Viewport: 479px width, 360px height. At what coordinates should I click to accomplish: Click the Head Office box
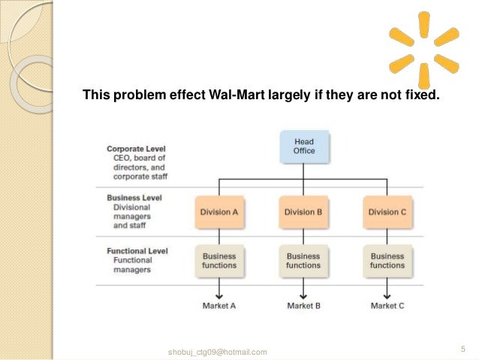click(x=303, y=147)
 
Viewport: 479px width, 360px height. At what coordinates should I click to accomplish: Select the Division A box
click(x=219, y=213)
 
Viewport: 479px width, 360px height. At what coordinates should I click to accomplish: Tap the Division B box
click(x=303, y=213)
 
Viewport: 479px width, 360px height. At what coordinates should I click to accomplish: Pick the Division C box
click(x=387, y=213)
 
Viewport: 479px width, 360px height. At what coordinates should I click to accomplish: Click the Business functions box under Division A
click(x=219, y=261)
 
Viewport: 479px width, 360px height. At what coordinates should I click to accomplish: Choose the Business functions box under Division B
click(x=303, y=261)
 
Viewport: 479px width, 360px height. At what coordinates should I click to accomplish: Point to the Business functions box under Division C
click(x=387, y=261)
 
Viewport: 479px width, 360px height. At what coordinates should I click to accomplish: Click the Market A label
click(x=219, y=306)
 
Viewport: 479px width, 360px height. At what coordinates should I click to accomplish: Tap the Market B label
click(x=303, y=306)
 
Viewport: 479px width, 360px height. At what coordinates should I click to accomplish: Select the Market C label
click(x=387, y=306)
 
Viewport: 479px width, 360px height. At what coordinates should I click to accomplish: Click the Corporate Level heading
click(x=136, y=149)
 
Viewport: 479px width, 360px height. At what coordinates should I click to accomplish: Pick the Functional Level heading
click(x=137, y=251)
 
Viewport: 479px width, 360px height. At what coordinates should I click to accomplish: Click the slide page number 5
click(x=463, y=348)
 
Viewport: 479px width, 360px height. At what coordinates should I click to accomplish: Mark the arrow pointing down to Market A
click(x=219, y=289)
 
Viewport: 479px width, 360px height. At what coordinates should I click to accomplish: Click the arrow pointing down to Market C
click(x=387, y=289)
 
